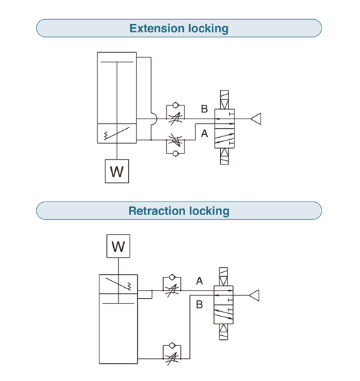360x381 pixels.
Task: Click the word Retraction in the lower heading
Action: [156, 211]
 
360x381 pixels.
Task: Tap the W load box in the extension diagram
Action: [117, 171]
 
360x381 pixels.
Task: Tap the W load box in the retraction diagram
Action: [119, 246]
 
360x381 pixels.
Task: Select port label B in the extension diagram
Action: [204, 109]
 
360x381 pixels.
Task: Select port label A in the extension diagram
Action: [204, 134]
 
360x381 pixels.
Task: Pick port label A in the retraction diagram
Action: [200, 281]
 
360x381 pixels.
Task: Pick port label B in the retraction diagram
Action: [200, 304]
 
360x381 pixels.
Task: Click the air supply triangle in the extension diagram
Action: [256, 119]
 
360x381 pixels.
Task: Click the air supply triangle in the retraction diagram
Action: [254, 295]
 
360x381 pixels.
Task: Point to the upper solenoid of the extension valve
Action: [224, 99]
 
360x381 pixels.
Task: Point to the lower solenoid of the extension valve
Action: [224, 156]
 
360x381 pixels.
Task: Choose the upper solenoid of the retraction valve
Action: [224, 277]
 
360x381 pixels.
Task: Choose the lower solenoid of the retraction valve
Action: [224, 332]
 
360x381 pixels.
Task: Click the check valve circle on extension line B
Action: [176, 106]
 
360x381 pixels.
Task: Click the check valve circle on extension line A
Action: [176, 153]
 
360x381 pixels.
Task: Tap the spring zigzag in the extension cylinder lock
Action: [106, 136]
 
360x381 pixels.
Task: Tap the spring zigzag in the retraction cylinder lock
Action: [130, 286]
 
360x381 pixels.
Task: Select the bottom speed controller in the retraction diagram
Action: [172, 354]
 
